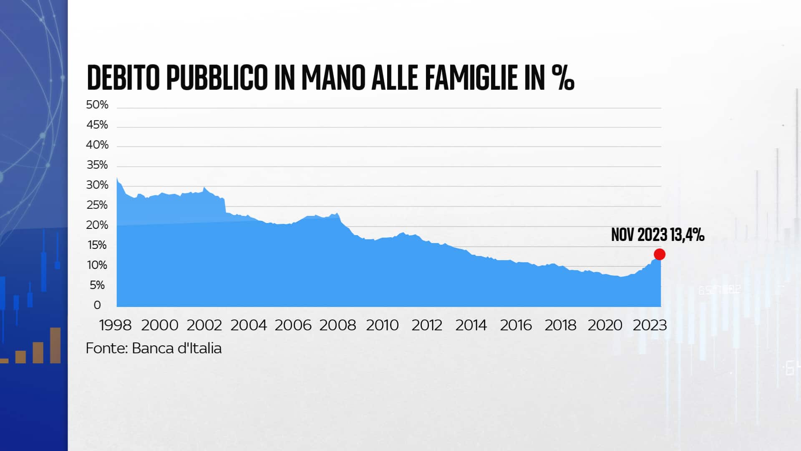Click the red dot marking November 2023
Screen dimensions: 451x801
point(660,254)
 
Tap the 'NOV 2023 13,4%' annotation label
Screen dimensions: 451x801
point(657,235)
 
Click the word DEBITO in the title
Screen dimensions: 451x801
point(123,78)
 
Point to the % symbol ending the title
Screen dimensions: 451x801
point(563,78)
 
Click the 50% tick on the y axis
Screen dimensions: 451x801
point(97,105)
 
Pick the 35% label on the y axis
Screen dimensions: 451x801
point(97,165)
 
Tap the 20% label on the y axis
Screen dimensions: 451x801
point(97,225)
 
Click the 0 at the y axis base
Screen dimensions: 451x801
point(97,305)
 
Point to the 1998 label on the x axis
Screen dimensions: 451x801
point(115,325)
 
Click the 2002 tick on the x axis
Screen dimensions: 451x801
point(204,325)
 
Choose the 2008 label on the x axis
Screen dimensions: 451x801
point(338,325)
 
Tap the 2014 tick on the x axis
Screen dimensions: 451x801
point(471,325)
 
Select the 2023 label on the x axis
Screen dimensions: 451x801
point(650,325)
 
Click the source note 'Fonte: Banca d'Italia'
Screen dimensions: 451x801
point(154,348)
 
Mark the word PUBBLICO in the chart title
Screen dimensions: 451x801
point(217,78)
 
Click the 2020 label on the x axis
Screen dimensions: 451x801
point(605,325)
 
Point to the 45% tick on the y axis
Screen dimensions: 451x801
point(97,125)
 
